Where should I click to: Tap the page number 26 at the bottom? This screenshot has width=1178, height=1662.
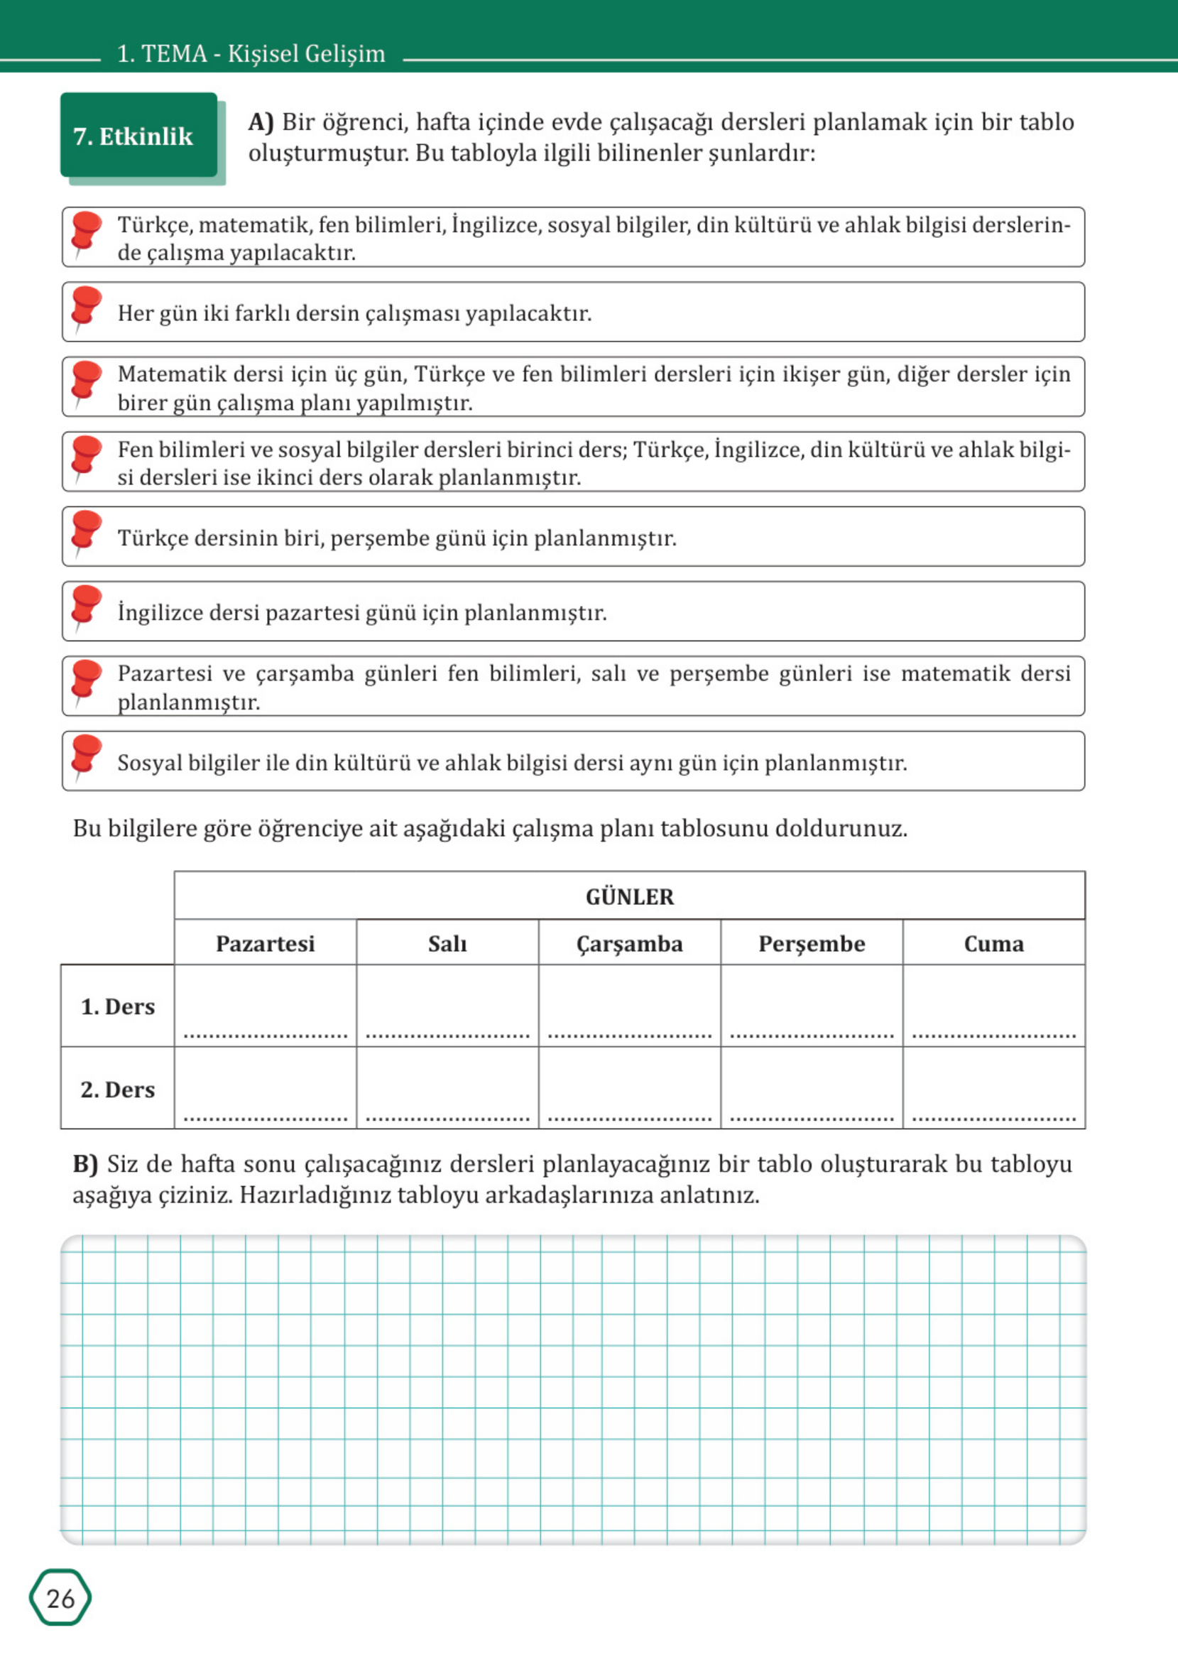[60, 1598]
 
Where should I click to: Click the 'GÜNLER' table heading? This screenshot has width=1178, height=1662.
[630, 897]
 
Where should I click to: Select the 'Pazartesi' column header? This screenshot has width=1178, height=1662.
[266, 944]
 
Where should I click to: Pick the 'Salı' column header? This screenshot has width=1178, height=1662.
[447, 944]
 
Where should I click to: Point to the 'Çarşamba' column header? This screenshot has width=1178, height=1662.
[630, 944]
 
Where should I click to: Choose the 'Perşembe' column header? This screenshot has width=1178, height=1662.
[812, 944]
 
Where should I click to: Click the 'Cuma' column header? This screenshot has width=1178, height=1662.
[994, 944]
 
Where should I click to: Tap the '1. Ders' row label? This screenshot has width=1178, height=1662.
[117, 1007]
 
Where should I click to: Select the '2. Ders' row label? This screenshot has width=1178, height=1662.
[117, 1090]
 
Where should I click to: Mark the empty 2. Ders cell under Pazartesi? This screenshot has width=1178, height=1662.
[266, 1088]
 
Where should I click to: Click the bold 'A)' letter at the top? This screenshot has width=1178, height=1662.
[261, 122]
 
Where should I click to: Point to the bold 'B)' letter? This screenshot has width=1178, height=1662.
[85, 1163]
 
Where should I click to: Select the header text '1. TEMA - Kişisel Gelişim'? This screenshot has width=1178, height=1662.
[251, 54]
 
